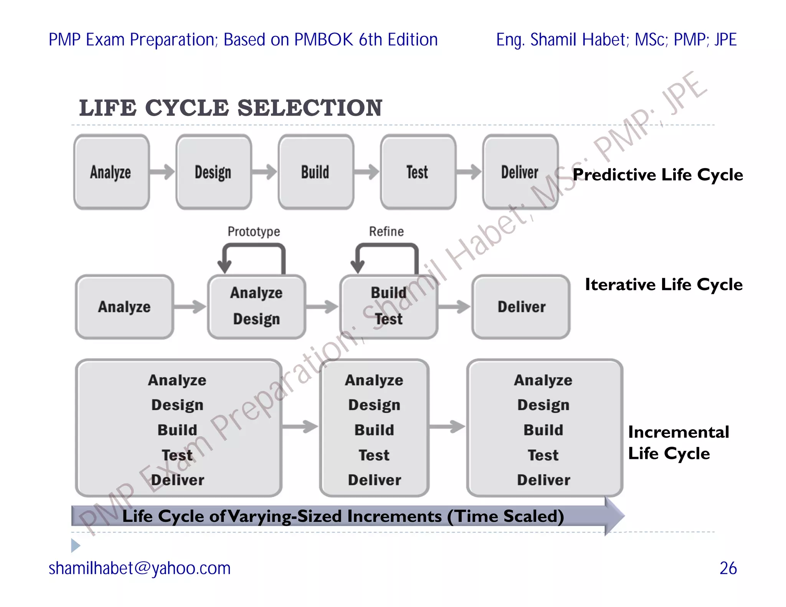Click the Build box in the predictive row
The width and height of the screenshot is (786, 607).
pos(316,172)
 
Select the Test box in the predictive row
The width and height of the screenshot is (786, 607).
pos(418,172)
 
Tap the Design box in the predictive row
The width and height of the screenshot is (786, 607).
pos(213,172)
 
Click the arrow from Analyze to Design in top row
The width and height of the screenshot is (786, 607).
pos(162,172)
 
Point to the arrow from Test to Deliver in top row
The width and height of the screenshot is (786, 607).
pos(469,172)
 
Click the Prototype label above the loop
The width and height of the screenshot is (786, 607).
pos(254,231)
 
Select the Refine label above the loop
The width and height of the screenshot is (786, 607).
pos(386,231)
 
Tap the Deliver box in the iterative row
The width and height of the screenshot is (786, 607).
pos(521,307)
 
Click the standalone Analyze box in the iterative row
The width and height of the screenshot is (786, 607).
pos(124,307)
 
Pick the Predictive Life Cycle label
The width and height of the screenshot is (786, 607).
pos(658,175)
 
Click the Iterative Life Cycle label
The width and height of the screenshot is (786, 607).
pos(664,285)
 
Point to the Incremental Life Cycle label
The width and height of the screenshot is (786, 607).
pos(678,442)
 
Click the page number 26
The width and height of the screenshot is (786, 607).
pos(728,568)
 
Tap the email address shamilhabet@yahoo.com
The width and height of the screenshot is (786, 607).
pos(139,568)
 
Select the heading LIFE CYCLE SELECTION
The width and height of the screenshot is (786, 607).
pos(231,108)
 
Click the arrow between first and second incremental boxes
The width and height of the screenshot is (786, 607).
pos(300,426)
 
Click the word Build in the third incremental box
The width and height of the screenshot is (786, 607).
pos(543,430)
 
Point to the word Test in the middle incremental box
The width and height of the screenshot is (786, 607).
pos(374,455)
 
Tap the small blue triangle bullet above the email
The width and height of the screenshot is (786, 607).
pos(76,545)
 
